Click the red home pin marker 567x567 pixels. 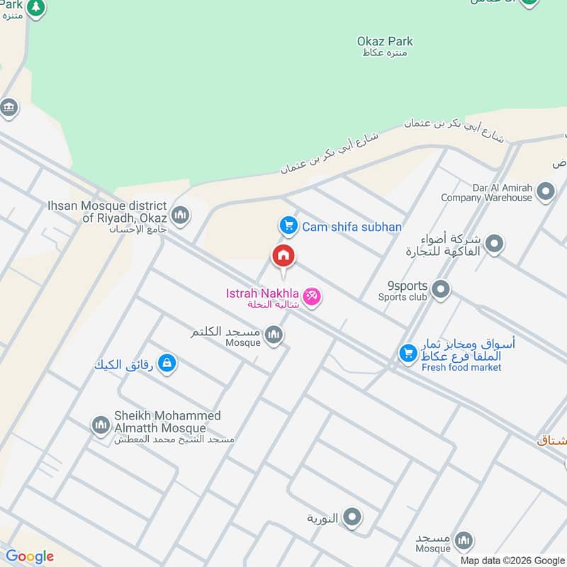[x=283, y=256]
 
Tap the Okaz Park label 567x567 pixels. [x=385, y=42]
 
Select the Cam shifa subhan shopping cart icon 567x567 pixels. [x=287, y=226]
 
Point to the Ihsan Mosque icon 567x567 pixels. [x=181, y=215]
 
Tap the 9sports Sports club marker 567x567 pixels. [x=441, y=289]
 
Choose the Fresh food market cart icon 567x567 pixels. [x=408, y=352]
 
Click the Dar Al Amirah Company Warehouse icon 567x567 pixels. [x=546, y=191]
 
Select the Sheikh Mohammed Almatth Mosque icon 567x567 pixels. [x=101, y=425]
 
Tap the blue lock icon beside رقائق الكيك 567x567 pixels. [x=167, y=364]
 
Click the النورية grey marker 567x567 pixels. [x=352, y=518]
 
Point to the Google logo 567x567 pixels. [x=30, y=556]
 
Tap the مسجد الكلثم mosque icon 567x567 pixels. [x=274, y=335]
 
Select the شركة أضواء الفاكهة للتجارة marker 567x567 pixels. [x=495, y=245]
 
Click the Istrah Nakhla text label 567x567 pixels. [x=261, y=293]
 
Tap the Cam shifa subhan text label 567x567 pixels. [x=352, y=227]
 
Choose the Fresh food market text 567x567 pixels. [x=461, y=367]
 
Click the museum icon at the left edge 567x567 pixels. [x=9, y=108]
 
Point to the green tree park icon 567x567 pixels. [x=36, y=9]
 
